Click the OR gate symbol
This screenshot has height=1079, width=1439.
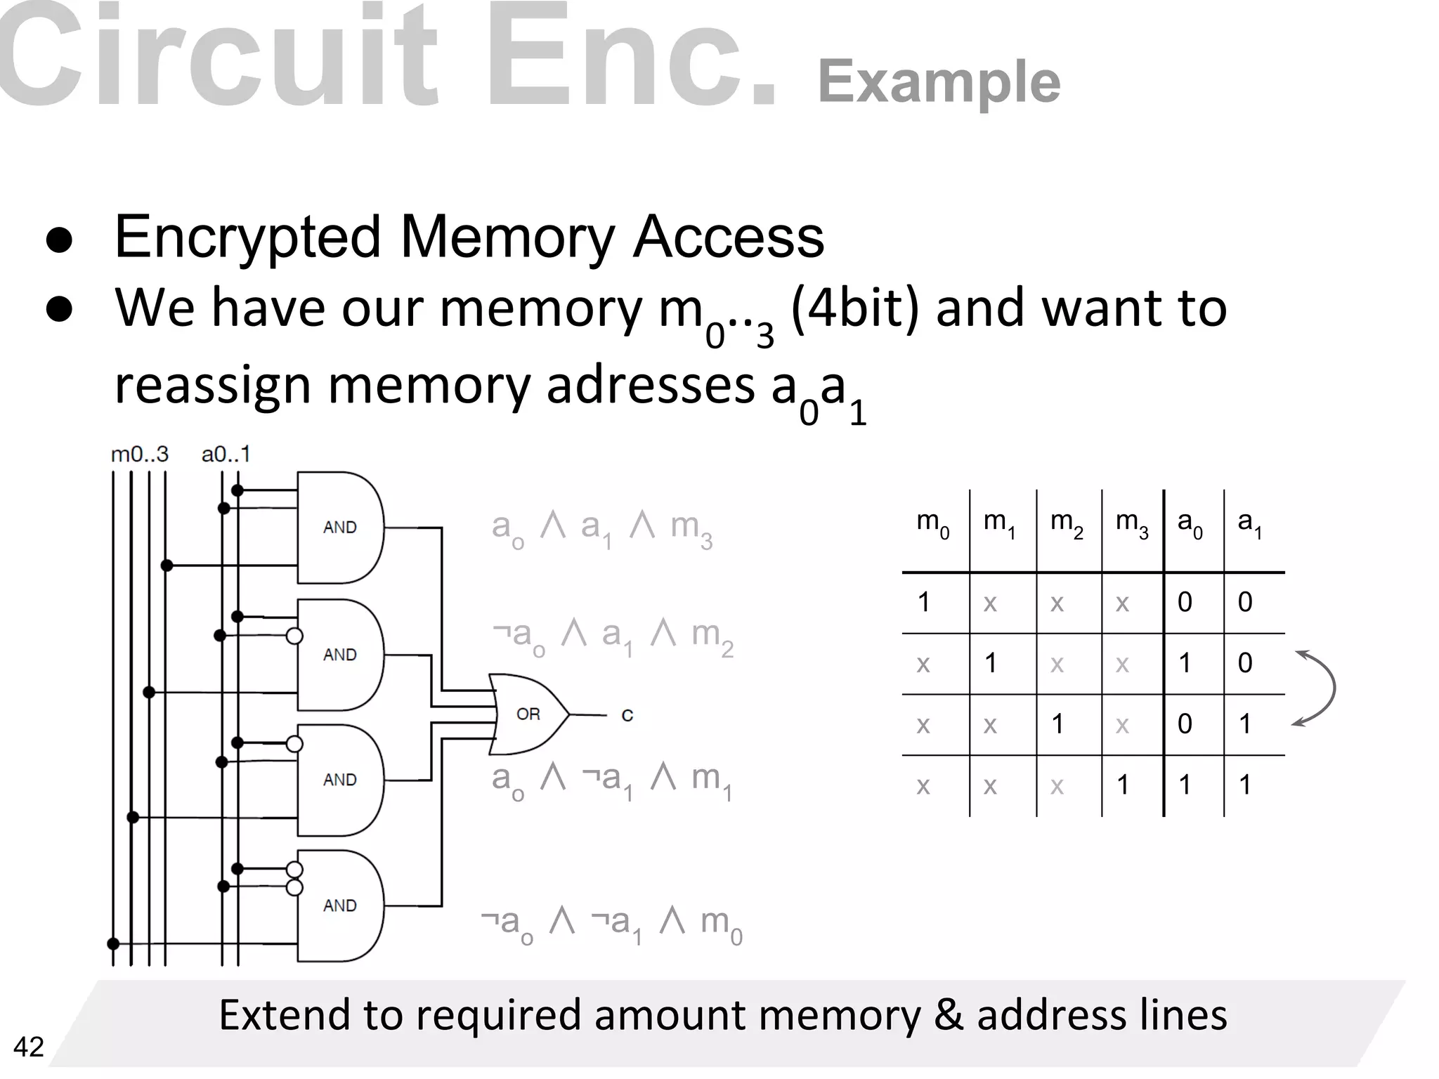pyautogui.click(x=528, y=714)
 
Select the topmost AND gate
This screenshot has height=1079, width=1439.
pyautogui.click(x=340, y=528)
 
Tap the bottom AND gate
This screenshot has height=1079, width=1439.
pyautogui.click(x=340, y=905)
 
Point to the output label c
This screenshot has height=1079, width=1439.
pyautogui.click(x=627, y=715)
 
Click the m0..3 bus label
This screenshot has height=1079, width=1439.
pyautogui.click(x=140, y=455)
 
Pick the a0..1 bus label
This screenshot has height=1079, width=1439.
pyautogui.click(x=226, y=455)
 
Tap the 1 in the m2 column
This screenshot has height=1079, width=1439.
pyautogui.click(x=1057, y=724)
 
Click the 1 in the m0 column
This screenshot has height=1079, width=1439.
pyautogui.click(x=924, y=602)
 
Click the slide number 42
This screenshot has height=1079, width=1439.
pyautogui.click(x=29, y=1047)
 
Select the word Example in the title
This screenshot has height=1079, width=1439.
pyautogui.click(x=939, y=82)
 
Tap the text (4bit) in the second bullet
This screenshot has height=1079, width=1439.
pyautogui.click(x=854, y=308)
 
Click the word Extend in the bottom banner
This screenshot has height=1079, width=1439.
pyautogui.click(x=284, y=1014)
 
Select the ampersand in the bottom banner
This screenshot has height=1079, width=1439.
pyautogui.click(x=948, y=1016)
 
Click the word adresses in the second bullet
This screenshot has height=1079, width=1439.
pyautogui.click(x=650, y=386)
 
